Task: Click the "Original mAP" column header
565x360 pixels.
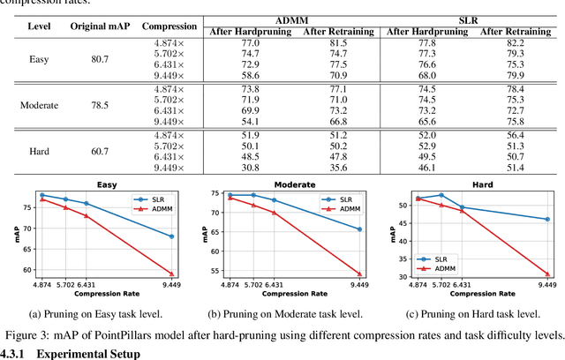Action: point(100,26)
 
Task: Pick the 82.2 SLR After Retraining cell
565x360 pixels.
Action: point(515,41)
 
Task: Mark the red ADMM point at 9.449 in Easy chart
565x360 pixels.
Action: point(171,274)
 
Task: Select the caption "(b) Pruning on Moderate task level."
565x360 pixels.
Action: point(286,313)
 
